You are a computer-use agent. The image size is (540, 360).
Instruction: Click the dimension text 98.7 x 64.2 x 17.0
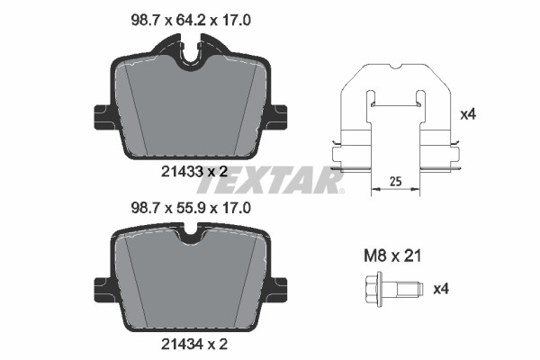tap(191, 21)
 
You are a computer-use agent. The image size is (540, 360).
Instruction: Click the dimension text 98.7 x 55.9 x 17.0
tap(191, 208)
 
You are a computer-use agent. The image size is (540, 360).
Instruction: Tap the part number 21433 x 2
tap(194, 171)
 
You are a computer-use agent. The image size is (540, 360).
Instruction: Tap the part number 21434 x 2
tap(194, 344)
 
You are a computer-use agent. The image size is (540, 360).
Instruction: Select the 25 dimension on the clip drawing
tap(396, 181)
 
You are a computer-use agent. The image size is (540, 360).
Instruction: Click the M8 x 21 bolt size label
tap(392, 256)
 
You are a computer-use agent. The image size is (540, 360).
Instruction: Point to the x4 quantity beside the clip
tap(468, 114)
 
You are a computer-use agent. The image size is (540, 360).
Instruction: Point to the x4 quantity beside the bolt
tap(441, 289)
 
